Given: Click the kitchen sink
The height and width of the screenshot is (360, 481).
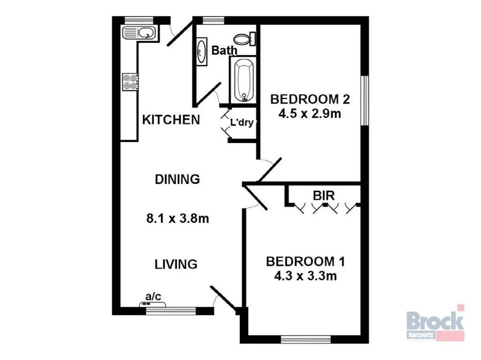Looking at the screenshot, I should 140,33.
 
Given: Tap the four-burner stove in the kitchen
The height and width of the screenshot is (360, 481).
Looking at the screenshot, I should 130,82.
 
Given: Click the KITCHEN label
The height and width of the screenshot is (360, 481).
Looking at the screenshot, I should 171,120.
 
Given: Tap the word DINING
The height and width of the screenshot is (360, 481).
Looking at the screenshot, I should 178,179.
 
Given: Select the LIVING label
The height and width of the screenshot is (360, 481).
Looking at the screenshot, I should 176,264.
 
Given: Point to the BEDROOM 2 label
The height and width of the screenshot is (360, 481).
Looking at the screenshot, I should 310,100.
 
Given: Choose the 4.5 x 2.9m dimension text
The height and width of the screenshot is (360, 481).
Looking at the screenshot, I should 310,113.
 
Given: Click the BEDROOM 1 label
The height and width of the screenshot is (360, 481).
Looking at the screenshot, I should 305,261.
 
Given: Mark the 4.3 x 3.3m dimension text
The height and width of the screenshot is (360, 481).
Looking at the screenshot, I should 305,276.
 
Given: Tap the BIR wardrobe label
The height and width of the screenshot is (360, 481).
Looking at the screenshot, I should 324,196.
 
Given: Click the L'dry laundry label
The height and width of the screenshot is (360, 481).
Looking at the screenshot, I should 241,123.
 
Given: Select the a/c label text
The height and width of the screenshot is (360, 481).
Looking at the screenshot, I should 153,296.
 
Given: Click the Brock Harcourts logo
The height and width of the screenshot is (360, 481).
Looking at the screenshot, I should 435,322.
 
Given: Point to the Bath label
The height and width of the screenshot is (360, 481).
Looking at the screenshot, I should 224,50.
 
